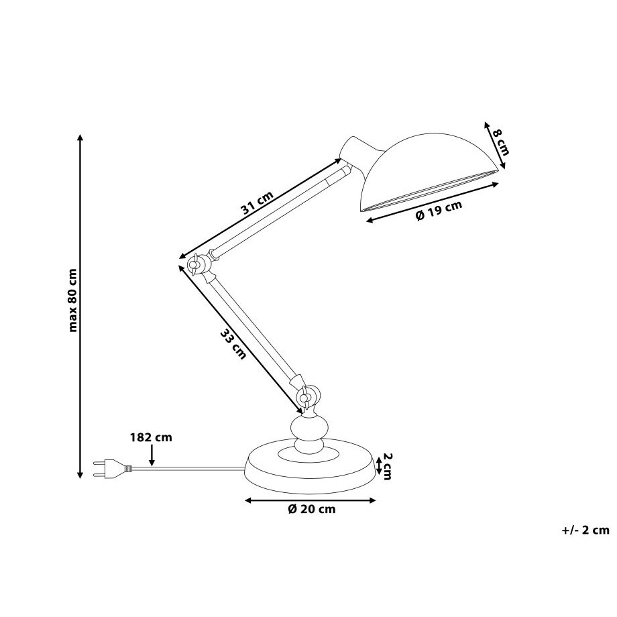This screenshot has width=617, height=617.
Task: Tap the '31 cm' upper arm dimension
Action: point(257,203)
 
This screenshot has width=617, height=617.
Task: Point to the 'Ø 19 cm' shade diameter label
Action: point(439,211)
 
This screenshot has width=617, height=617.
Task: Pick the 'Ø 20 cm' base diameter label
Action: point(311,509)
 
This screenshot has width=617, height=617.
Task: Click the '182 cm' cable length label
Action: point(151,437)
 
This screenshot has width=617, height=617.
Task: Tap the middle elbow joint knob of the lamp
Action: point(195,266)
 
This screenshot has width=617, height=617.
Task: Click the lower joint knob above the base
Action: point(305,398)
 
